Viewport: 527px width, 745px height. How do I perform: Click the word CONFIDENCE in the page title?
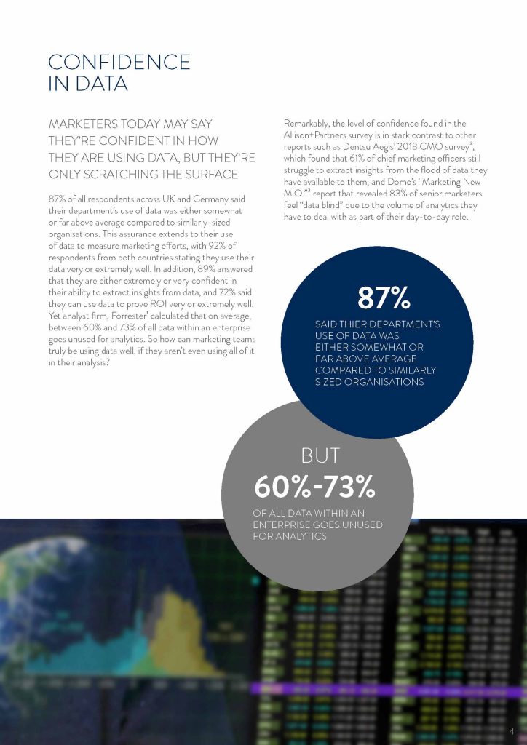[119, 62]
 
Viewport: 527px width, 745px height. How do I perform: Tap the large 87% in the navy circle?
[383, 298]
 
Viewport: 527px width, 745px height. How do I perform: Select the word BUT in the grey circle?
[320, 455]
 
